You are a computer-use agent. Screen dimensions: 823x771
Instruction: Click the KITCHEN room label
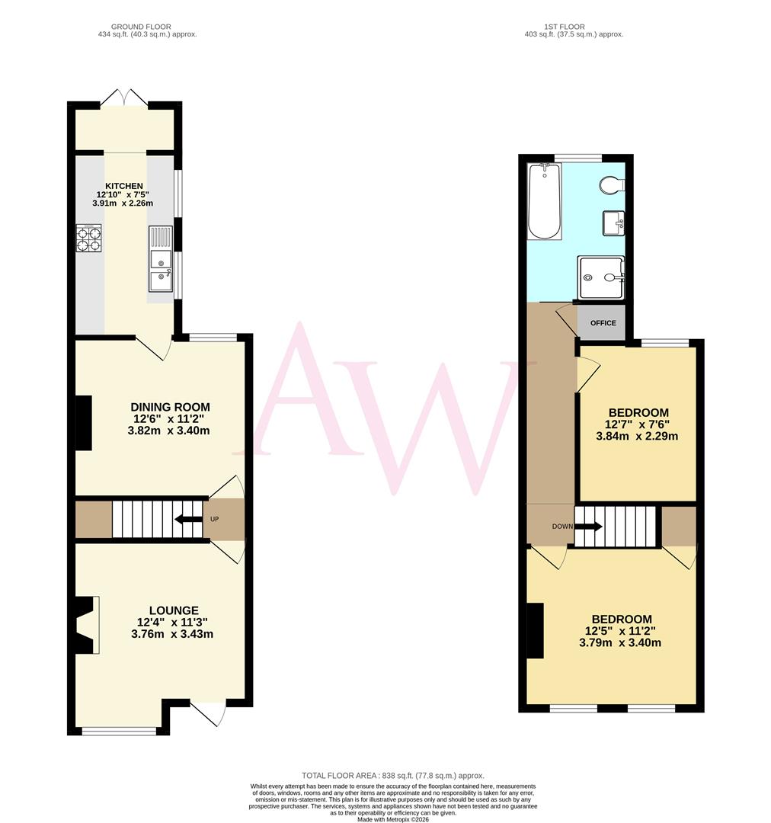click(123, 186)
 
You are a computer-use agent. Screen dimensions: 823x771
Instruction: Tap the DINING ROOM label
click(170, 407)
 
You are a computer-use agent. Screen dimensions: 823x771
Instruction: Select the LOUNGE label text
click(174, 610)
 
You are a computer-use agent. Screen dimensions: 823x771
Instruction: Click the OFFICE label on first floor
click(603, 323)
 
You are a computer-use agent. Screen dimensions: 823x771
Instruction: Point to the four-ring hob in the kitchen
click(89, 239)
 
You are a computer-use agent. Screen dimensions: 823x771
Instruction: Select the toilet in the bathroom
click(612, 184)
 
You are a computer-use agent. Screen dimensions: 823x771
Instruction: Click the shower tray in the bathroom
click(601, 277)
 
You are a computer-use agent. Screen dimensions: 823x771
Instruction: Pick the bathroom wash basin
click(614, 223)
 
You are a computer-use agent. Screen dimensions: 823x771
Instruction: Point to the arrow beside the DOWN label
click(590, 526)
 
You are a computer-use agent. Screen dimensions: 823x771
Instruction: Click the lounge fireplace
click(87, 625)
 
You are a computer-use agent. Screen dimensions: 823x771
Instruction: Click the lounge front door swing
click(210, 713)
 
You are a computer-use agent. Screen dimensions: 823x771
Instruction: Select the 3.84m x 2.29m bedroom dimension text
click(637, 437)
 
